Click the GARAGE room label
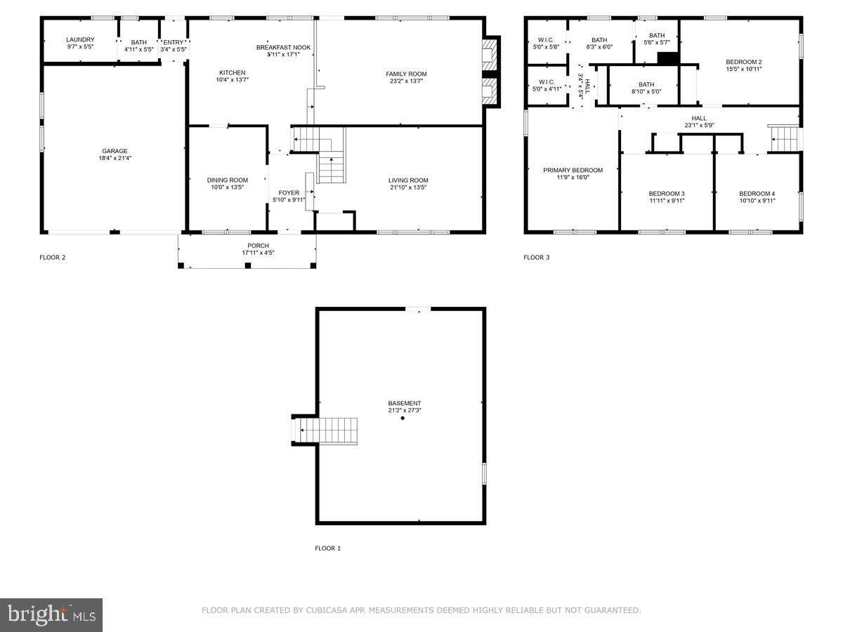click(x=115, y=151)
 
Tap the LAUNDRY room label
click(x=80, y=40)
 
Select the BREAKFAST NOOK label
click(x=283, y=47)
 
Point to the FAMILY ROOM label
click(x=406, y=74)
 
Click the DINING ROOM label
click(x=228, y=180)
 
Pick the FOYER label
click(x=289, y=192)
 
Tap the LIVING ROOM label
click(x=408, y=180)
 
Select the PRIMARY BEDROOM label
click(x=573, y=170)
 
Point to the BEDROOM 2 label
click(x=743, y=62)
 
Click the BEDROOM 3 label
click(x=666, y=194)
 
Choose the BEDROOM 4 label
click(x=757, y=194)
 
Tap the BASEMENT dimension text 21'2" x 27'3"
click(x=405, y=411)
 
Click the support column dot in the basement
click(x=403, y=419)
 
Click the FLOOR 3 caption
click(x=537, y=258)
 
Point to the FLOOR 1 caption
click(x=327, y=548)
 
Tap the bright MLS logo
click(x=51, y=615)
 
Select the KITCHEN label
click(x=233, y=73)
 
